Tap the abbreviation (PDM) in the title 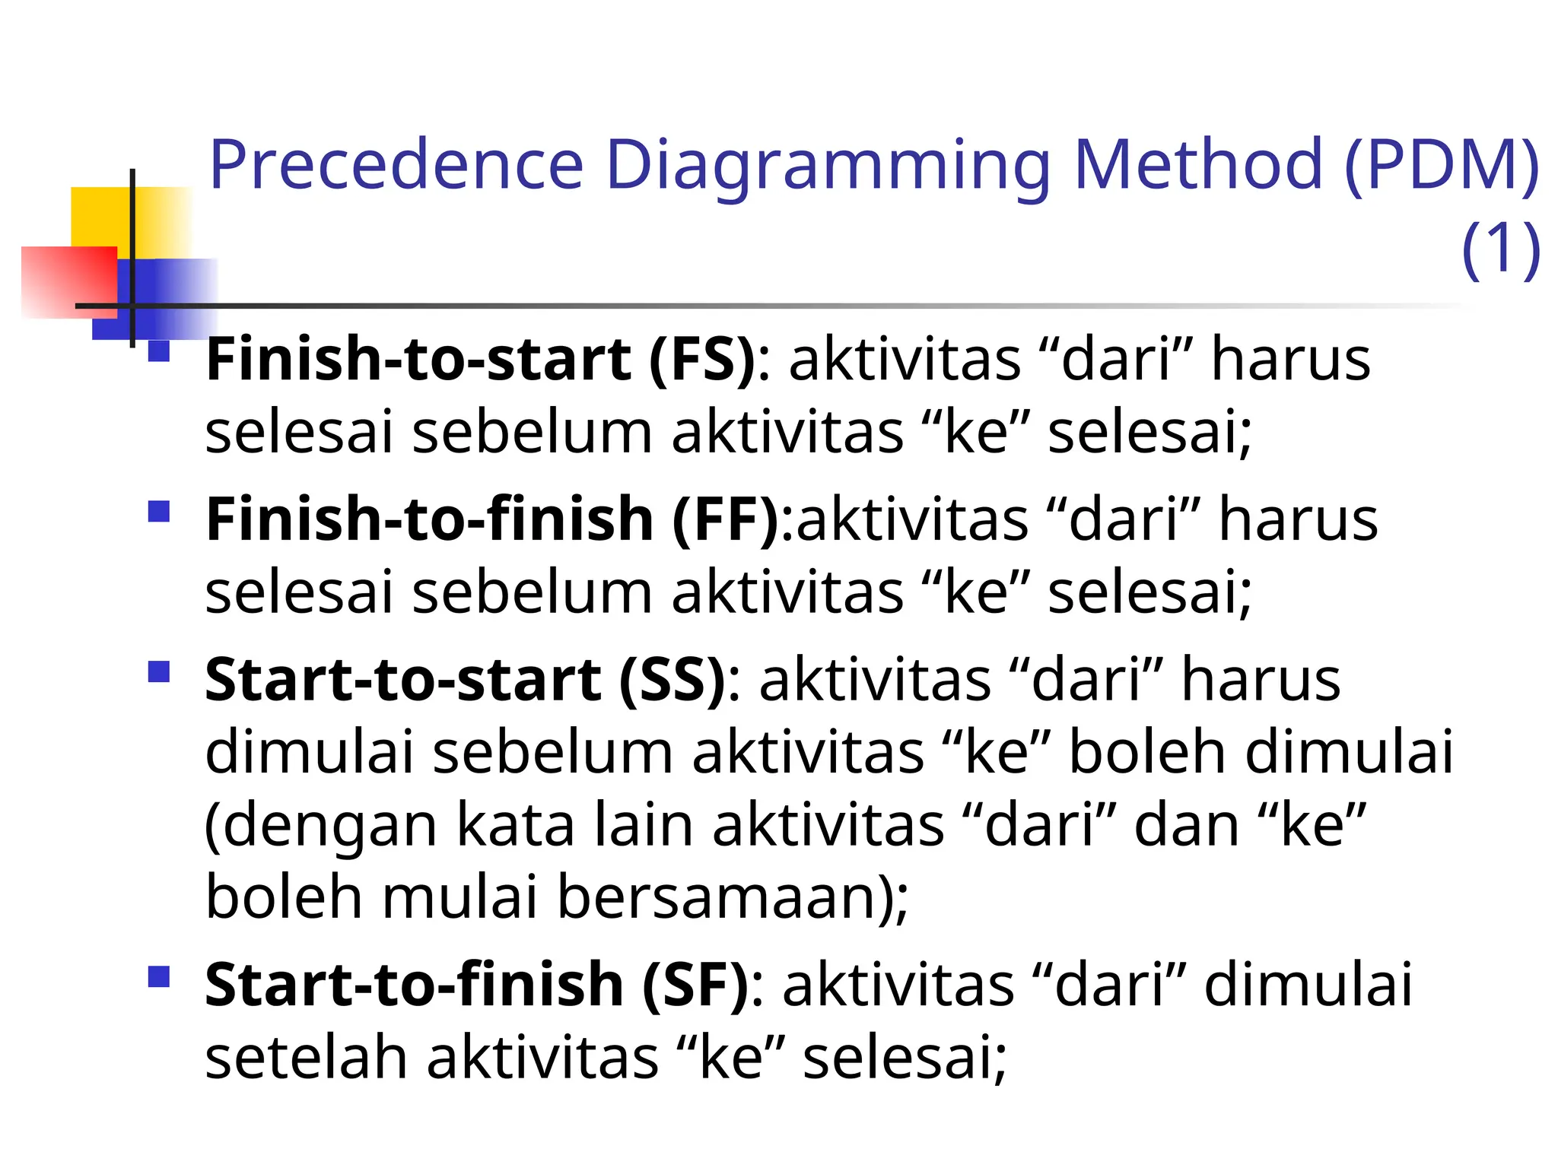point(1442,166)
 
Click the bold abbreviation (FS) point(702,360)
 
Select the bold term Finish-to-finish point(429,519)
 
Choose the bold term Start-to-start point(403,679)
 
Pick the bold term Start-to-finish point(415,985)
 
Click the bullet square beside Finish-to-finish point(159,511)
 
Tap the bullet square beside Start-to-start point(159,671)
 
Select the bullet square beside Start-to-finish point(159,976)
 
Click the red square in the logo point(68,281)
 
